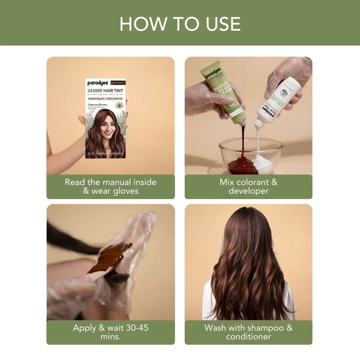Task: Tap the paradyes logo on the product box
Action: click(x=98, y=83)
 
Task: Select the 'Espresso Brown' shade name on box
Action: click(x=98, y=105)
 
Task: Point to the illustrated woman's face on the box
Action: click(x=105, y=125)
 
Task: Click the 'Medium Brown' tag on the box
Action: click(x=118, y=83)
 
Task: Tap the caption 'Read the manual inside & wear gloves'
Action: click(x=110, y=187)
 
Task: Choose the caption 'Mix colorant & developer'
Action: click(x=248, y=187)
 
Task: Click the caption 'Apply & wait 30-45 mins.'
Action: click(x=110, y=332)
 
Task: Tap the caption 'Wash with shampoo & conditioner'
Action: click(x=248, y=332)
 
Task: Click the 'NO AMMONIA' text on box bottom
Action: click(x=103, y=154)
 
